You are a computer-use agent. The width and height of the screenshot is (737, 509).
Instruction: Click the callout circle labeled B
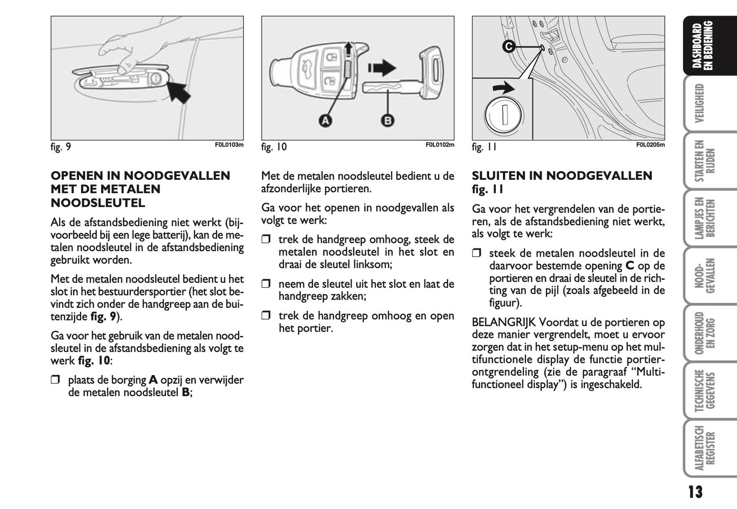pyautogui.click(x=387, y=120)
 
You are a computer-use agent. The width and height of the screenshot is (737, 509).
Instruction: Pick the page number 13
pyautogui.click(x=695, y=492)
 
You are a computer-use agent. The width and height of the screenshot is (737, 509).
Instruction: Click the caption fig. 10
pyautogui.click(x=274, y=148)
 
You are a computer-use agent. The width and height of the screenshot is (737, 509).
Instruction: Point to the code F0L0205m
pyautogui.click(x=650, y=144)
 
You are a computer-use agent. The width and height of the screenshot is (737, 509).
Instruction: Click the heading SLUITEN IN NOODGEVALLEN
pyautogui.click(x=562, y=176)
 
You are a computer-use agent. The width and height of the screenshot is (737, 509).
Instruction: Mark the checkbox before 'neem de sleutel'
pyautogui.click(x=266, y=284)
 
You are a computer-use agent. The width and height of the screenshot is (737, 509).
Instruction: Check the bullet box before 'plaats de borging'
pyautogui.click(x=55, y=380)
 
